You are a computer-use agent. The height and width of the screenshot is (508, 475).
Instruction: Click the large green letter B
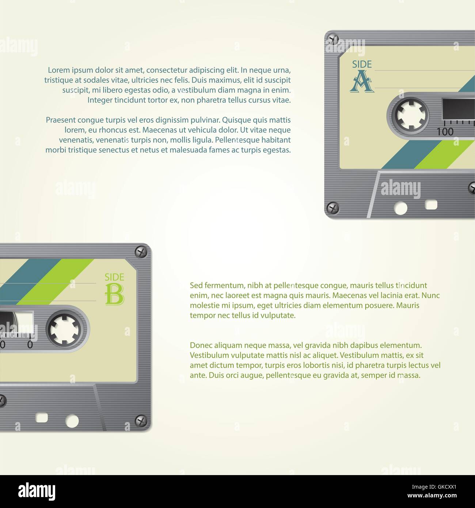(114, 295)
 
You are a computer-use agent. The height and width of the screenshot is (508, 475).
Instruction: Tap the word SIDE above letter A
(362, 64)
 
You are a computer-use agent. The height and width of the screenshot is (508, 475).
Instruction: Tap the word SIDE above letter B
(114, 277)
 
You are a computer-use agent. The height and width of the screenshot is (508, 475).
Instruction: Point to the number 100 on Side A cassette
(445, 132)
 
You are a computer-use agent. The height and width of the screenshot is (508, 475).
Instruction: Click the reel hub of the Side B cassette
(65, 329)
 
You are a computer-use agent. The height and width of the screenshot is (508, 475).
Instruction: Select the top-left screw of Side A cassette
(333, 40)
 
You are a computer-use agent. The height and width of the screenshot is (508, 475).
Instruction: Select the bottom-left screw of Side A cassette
(333, 208)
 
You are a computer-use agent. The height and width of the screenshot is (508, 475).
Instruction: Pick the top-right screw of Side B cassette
(141, 252)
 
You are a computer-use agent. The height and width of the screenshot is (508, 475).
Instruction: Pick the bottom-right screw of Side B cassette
(141, 421)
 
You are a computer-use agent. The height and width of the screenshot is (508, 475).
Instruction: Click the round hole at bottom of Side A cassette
(400, 208)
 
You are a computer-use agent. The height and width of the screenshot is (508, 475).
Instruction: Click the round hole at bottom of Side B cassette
(72, 421)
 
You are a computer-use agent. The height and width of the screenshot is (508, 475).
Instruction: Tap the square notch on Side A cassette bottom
(431, 205)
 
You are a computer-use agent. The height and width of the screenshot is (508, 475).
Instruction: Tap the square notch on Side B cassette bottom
(42, 418)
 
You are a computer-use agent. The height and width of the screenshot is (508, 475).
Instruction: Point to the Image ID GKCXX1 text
(434, 487)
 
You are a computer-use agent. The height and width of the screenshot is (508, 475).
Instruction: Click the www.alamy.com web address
(432, 495)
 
